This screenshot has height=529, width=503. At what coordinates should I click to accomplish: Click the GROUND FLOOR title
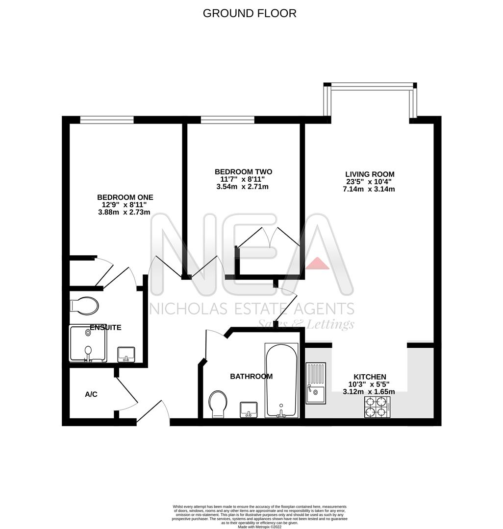click(x=250, y=13)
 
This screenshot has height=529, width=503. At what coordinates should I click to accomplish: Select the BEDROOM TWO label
click(x=243, y=172)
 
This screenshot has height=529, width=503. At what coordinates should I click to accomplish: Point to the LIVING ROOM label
click(x=369, y=174)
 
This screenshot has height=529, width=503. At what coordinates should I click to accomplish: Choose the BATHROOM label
click(x=251, y=377)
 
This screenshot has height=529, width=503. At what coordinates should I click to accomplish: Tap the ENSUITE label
click(x=105, y=327)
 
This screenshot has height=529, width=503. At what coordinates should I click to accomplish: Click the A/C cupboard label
click(x=91, y=394)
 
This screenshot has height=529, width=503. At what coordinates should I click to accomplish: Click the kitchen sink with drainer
click(x=316, y=383)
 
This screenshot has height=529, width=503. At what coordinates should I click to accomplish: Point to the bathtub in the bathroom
click(x=281, y=380)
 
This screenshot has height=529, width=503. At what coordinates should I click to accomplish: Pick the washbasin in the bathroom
click(x=249, y=409)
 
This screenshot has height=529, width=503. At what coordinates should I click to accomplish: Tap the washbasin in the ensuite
click(x=126, y=354)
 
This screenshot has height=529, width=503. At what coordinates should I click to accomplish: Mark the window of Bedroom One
click(x=107, y=120)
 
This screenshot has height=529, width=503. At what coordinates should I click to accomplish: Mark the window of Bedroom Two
click(x=227, y=120)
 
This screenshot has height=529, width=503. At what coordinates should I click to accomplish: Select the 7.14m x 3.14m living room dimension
click(x=369, y=189)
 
